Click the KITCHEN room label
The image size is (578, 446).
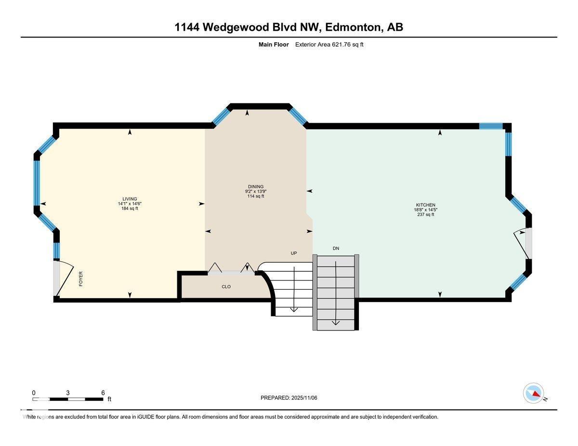(426, 205)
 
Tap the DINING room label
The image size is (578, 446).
(256, 187)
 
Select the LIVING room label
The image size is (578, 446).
(130, 199)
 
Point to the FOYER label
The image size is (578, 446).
(81, 279)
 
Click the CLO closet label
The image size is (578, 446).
(226, 287)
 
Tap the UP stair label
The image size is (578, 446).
(293, 253)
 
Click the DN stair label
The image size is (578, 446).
(336, 248)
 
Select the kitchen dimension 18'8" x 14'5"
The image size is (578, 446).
(426, 210)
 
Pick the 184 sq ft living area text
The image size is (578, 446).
(130, 208)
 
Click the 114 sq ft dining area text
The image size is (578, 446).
(256, 196)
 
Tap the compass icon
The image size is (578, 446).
(533, 393)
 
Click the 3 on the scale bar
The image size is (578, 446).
(68, 393)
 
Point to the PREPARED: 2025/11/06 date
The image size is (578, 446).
(289, 398)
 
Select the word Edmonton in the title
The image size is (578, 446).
(353, 27)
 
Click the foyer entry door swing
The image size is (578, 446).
(65, 279)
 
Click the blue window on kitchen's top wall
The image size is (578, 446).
(491, 126)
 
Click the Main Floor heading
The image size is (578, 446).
(274, 45)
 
